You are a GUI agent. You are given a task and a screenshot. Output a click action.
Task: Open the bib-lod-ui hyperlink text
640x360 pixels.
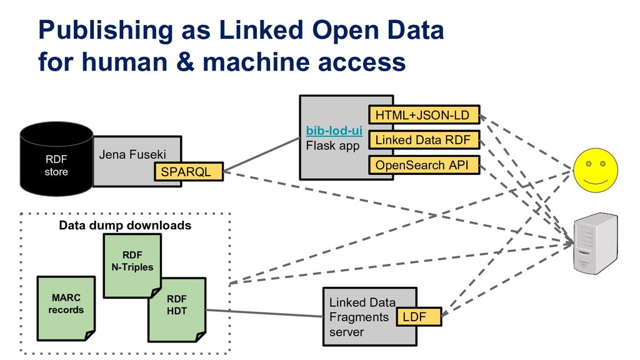[x=334, y=131]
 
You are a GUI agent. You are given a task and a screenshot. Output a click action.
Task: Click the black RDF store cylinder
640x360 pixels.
[x=56, y=159]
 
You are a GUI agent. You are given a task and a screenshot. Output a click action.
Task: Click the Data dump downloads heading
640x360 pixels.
[x=125, y=225]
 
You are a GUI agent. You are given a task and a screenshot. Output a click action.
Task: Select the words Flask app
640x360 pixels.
[x=332, y=146]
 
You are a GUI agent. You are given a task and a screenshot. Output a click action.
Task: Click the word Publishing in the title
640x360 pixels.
[x=93, y=30]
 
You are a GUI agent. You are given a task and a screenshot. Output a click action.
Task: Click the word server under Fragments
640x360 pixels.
[x=346, y=332]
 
